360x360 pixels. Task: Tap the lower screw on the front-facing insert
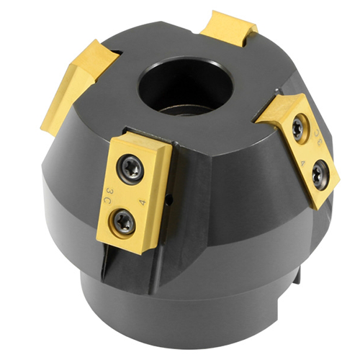pyautogui.click(x=124, y=222)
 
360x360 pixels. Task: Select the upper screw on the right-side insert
pyautogui.click(x=297, y=127)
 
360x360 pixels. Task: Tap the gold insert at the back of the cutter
pyautogui.click(x=228, y=27)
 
